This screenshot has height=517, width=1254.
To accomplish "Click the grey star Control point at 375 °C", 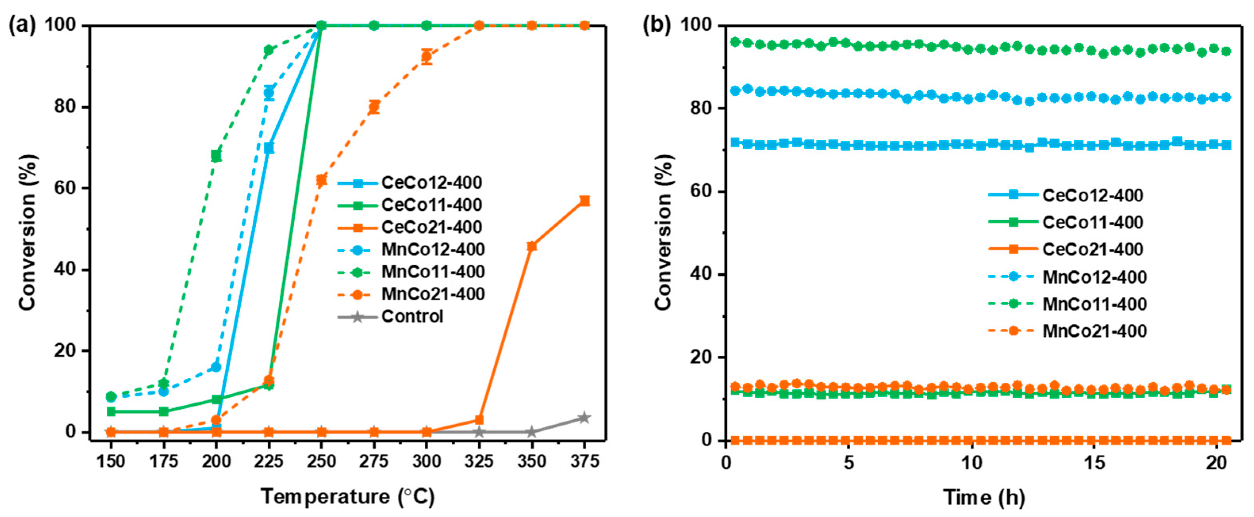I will point(584,418).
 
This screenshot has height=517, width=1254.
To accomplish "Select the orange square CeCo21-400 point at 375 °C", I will point(584,201).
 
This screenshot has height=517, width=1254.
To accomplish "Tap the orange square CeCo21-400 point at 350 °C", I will point(531,246).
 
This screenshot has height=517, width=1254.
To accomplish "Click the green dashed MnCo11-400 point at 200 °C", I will point(216,156).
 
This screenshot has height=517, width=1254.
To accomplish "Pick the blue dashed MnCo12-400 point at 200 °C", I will point(216,367).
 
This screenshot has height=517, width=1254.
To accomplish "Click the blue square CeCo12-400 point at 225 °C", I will point(269,148).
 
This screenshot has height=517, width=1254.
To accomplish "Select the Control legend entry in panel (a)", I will point(412,317).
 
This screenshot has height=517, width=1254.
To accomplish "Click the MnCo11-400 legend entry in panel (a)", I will point(432,272).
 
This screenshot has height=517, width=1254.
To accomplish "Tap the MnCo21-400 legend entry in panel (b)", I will point(1094,331).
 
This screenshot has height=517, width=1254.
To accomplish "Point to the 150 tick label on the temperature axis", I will point(111,461).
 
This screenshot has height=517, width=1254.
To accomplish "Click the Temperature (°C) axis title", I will point(347,497).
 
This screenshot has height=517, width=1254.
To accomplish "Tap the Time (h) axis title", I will point(984,498).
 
